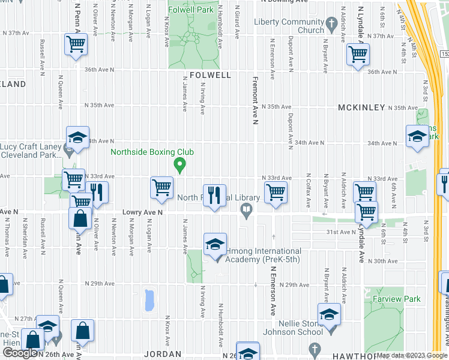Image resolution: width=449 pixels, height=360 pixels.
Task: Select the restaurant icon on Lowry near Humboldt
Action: pyautogui.click(x=214, y=195)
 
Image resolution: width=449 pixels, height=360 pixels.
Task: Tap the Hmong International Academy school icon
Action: pyautogui.click(x=215, y=244)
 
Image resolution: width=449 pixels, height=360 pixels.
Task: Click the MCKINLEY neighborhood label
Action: pyautogui.click(x=360, y=107)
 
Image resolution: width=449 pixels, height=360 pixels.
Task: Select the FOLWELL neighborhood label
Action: pyautogui.click(x=210, y=76)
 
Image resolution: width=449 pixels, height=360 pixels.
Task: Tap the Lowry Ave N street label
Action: pyautogui.click(x=143, y=212)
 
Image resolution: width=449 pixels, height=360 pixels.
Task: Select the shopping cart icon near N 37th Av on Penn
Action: pyautogui.click(x=76, y=44)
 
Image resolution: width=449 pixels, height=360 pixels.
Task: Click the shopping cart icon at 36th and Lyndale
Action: pyautogui.click(x=358, y=55)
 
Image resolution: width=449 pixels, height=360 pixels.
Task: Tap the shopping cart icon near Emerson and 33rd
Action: pyautogui.click(x=276, y=193)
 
